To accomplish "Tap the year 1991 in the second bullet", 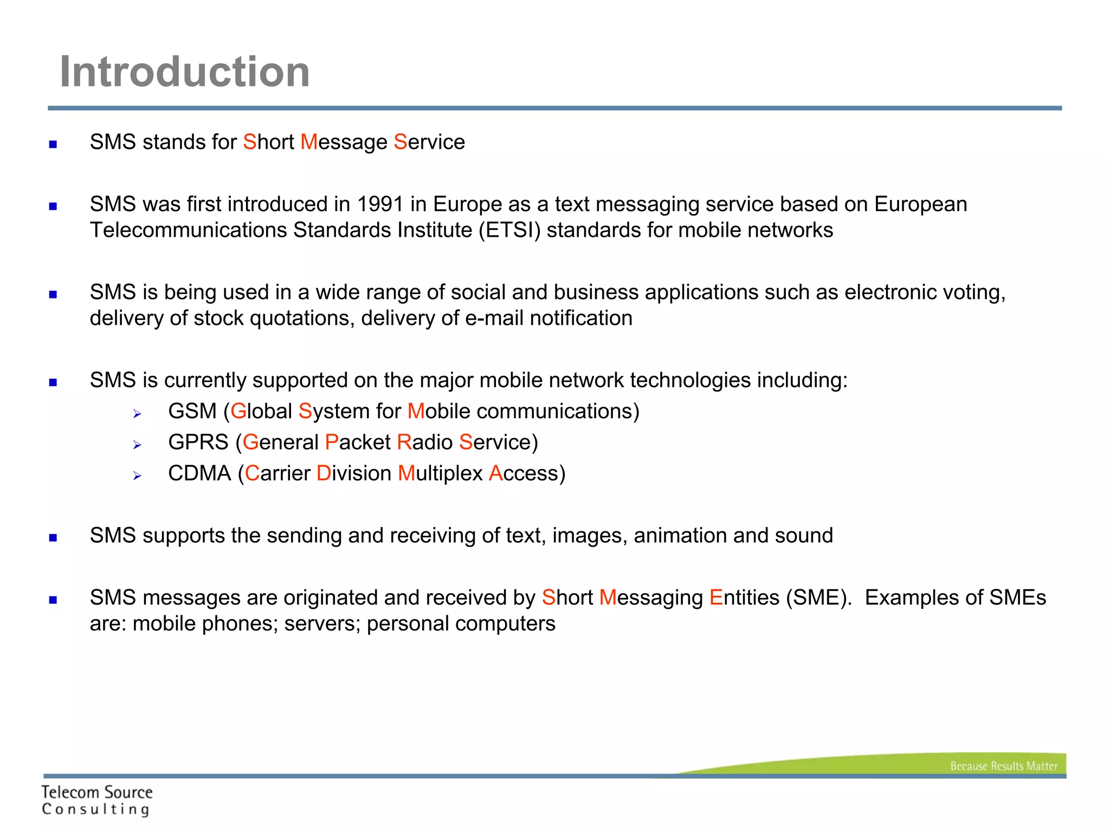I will pos(380,205).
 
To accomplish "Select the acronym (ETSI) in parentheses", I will pos(509,231).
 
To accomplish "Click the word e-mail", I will pos(494,318).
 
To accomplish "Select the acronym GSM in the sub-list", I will pos(192,412).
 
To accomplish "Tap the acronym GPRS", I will pos(198,443).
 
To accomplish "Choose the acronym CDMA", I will pos(199,474).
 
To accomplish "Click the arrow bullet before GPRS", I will pos(137,445).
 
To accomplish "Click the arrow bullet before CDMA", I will pos(137,476).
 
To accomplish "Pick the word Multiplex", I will pos(440,474).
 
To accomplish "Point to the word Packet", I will pos(358,443).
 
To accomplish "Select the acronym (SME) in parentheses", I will pos(819,598).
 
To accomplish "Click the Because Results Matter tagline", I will pos(1003,766).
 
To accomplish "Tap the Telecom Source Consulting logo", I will pos(97,800).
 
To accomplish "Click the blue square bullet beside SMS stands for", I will pos(53,144).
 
